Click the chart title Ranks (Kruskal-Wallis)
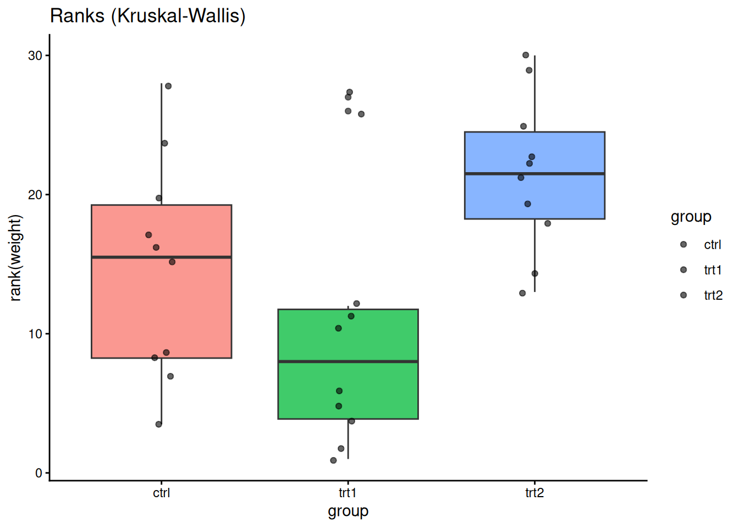coord(147,15)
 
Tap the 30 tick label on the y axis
coord(35,56)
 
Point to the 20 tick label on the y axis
coord(35,195)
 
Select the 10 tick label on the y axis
coord(35,334)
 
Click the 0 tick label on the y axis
coord(38,473)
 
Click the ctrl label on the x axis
coord(161,493)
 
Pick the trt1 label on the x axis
coord(348,493)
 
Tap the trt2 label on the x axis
coord(534,493)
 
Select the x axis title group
coord(348,512)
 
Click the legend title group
coord(691,217)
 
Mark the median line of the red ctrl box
coord(161,257)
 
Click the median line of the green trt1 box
coord(348,361)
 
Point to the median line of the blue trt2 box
coord(534,174)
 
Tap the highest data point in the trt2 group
coord(526,55)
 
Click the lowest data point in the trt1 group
coord(333,460)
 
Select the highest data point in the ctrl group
coord(168,86)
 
